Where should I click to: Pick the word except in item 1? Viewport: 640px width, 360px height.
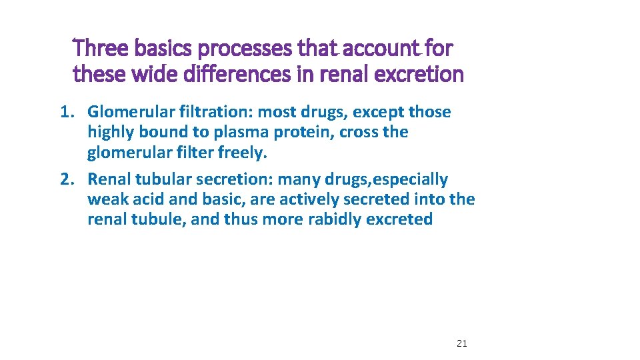378,112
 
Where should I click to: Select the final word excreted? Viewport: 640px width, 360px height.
403,219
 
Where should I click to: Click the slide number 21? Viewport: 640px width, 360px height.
461,343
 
